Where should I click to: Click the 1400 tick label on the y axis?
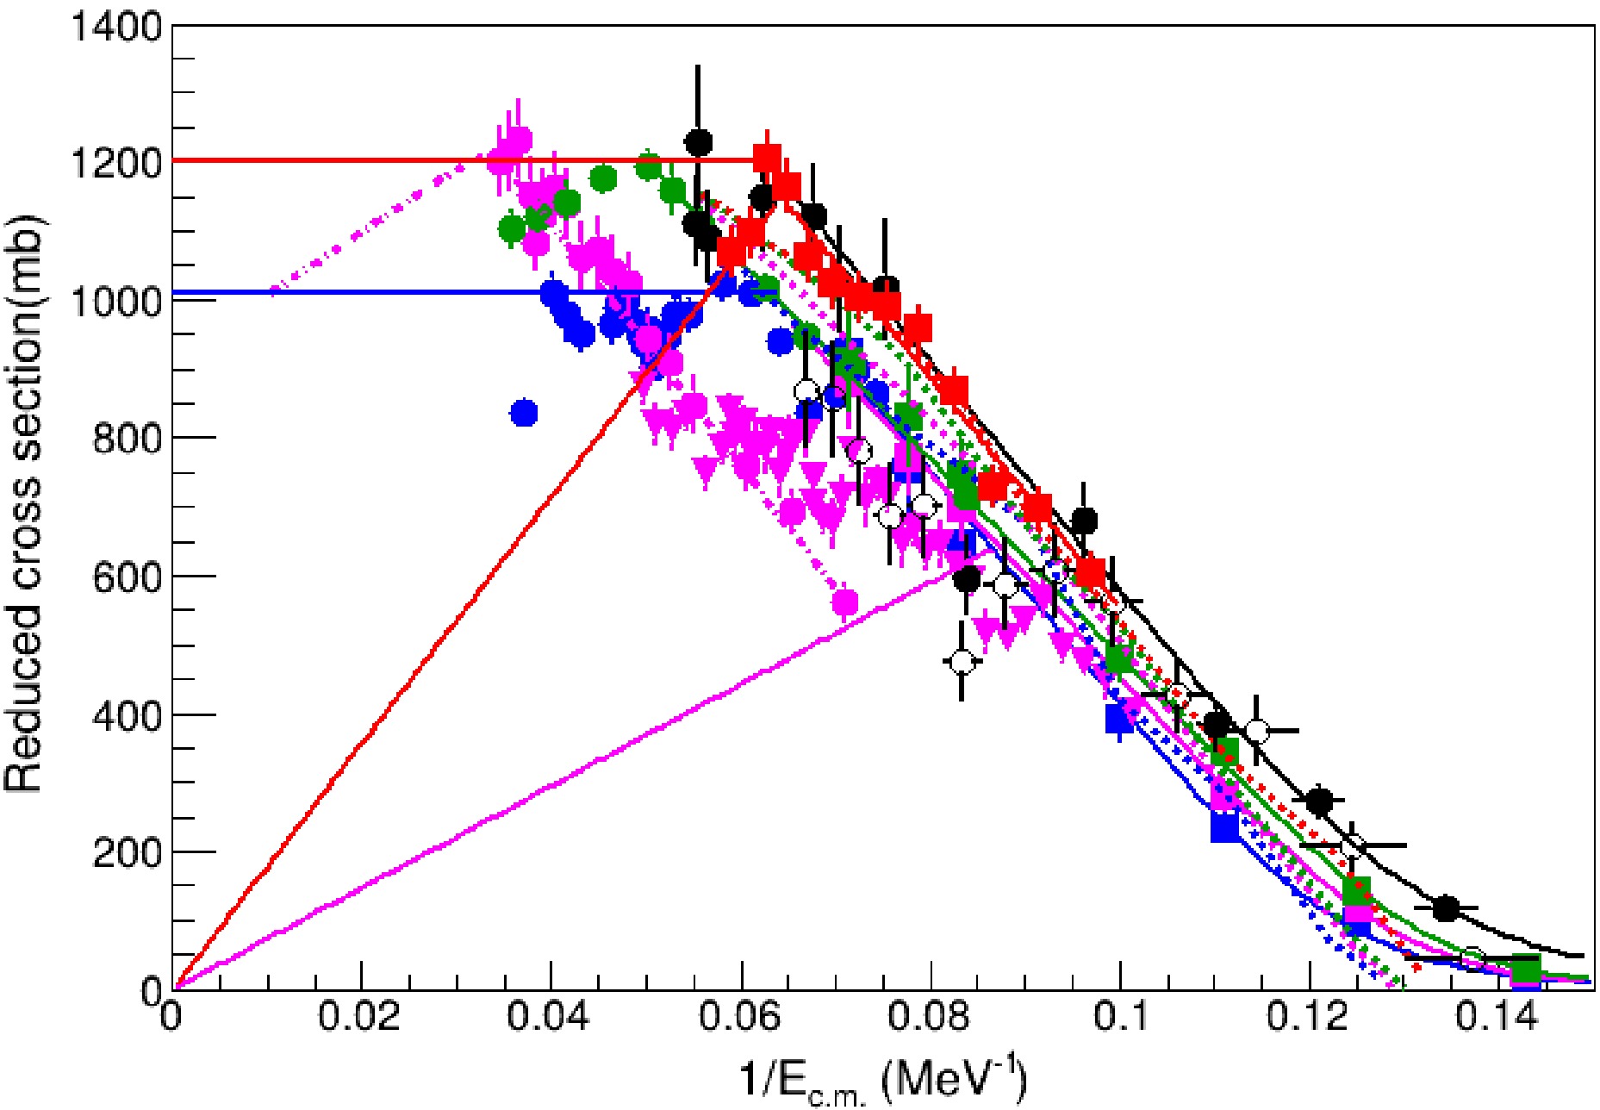point(117,28)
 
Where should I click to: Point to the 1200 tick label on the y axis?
point(117,163)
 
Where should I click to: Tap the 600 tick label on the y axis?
point(127,577)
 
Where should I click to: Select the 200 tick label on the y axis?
point(127,852)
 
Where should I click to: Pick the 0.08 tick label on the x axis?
point(929,1017)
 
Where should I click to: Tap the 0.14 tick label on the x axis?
point(1497,1017)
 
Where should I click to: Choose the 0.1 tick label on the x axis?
point(1118,1017)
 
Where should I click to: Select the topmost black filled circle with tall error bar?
point(699,142)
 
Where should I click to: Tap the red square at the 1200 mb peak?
point(767,159)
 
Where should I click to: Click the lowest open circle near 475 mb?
point(962,662)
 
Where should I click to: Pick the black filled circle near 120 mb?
point(1447,907)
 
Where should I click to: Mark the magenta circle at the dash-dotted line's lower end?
point(846,602)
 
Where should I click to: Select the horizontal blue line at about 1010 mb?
point(345,293)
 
